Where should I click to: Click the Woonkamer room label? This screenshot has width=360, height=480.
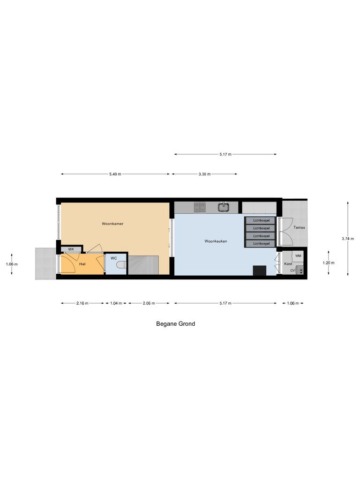click(x=112, y=224)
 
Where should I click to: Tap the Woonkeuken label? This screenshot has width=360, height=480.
click(x=216, y=241)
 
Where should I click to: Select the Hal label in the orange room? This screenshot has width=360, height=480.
click(x=82, y=264)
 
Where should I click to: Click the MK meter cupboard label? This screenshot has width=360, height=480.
click(x=71, y=249)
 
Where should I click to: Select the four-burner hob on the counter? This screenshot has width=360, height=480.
click(x=199, y=206)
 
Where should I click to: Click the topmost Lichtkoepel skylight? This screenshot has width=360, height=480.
click(x=261, y=220)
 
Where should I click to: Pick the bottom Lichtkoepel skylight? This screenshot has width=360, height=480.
click(x=261, y=244)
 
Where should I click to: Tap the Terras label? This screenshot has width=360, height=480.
click(x=299, y=228)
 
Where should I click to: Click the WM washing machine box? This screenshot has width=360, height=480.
click(x=298, y=256)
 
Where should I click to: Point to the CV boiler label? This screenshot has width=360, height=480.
click(x=292, y=270)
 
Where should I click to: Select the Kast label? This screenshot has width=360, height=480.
click(x=288, y=264)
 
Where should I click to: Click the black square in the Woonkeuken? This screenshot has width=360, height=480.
click(x=259, y=270)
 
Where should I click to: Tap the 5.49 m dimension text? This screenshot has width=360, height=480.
click(x=115, y=174)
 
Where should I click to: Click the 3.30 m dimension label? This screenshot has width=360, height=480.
click(x=205, y=174)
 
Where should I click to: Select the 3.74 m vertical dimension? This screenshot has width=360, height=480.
click(x=347, y=239)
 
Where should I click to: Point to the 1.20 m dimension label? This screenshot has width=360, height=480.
click(x=329, y=263)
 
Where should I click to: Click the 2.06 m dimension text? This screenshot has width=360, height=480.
click(x=149, y=303)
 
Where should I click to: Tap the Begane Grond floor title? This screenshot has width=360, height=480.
click(x=175, y=323)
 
